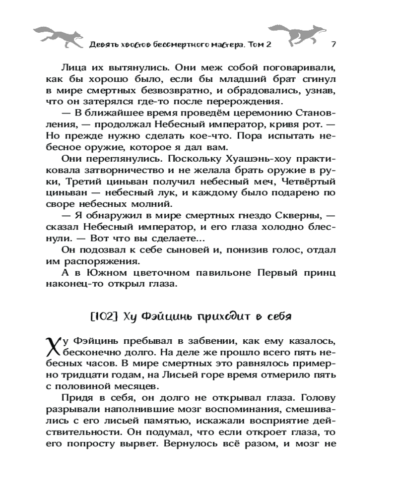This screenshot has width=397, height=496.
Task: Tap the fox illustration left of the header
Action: click(x=56, y=34)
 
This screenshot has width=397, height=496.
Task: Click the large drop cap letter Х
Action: click(x=53, y=343)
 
